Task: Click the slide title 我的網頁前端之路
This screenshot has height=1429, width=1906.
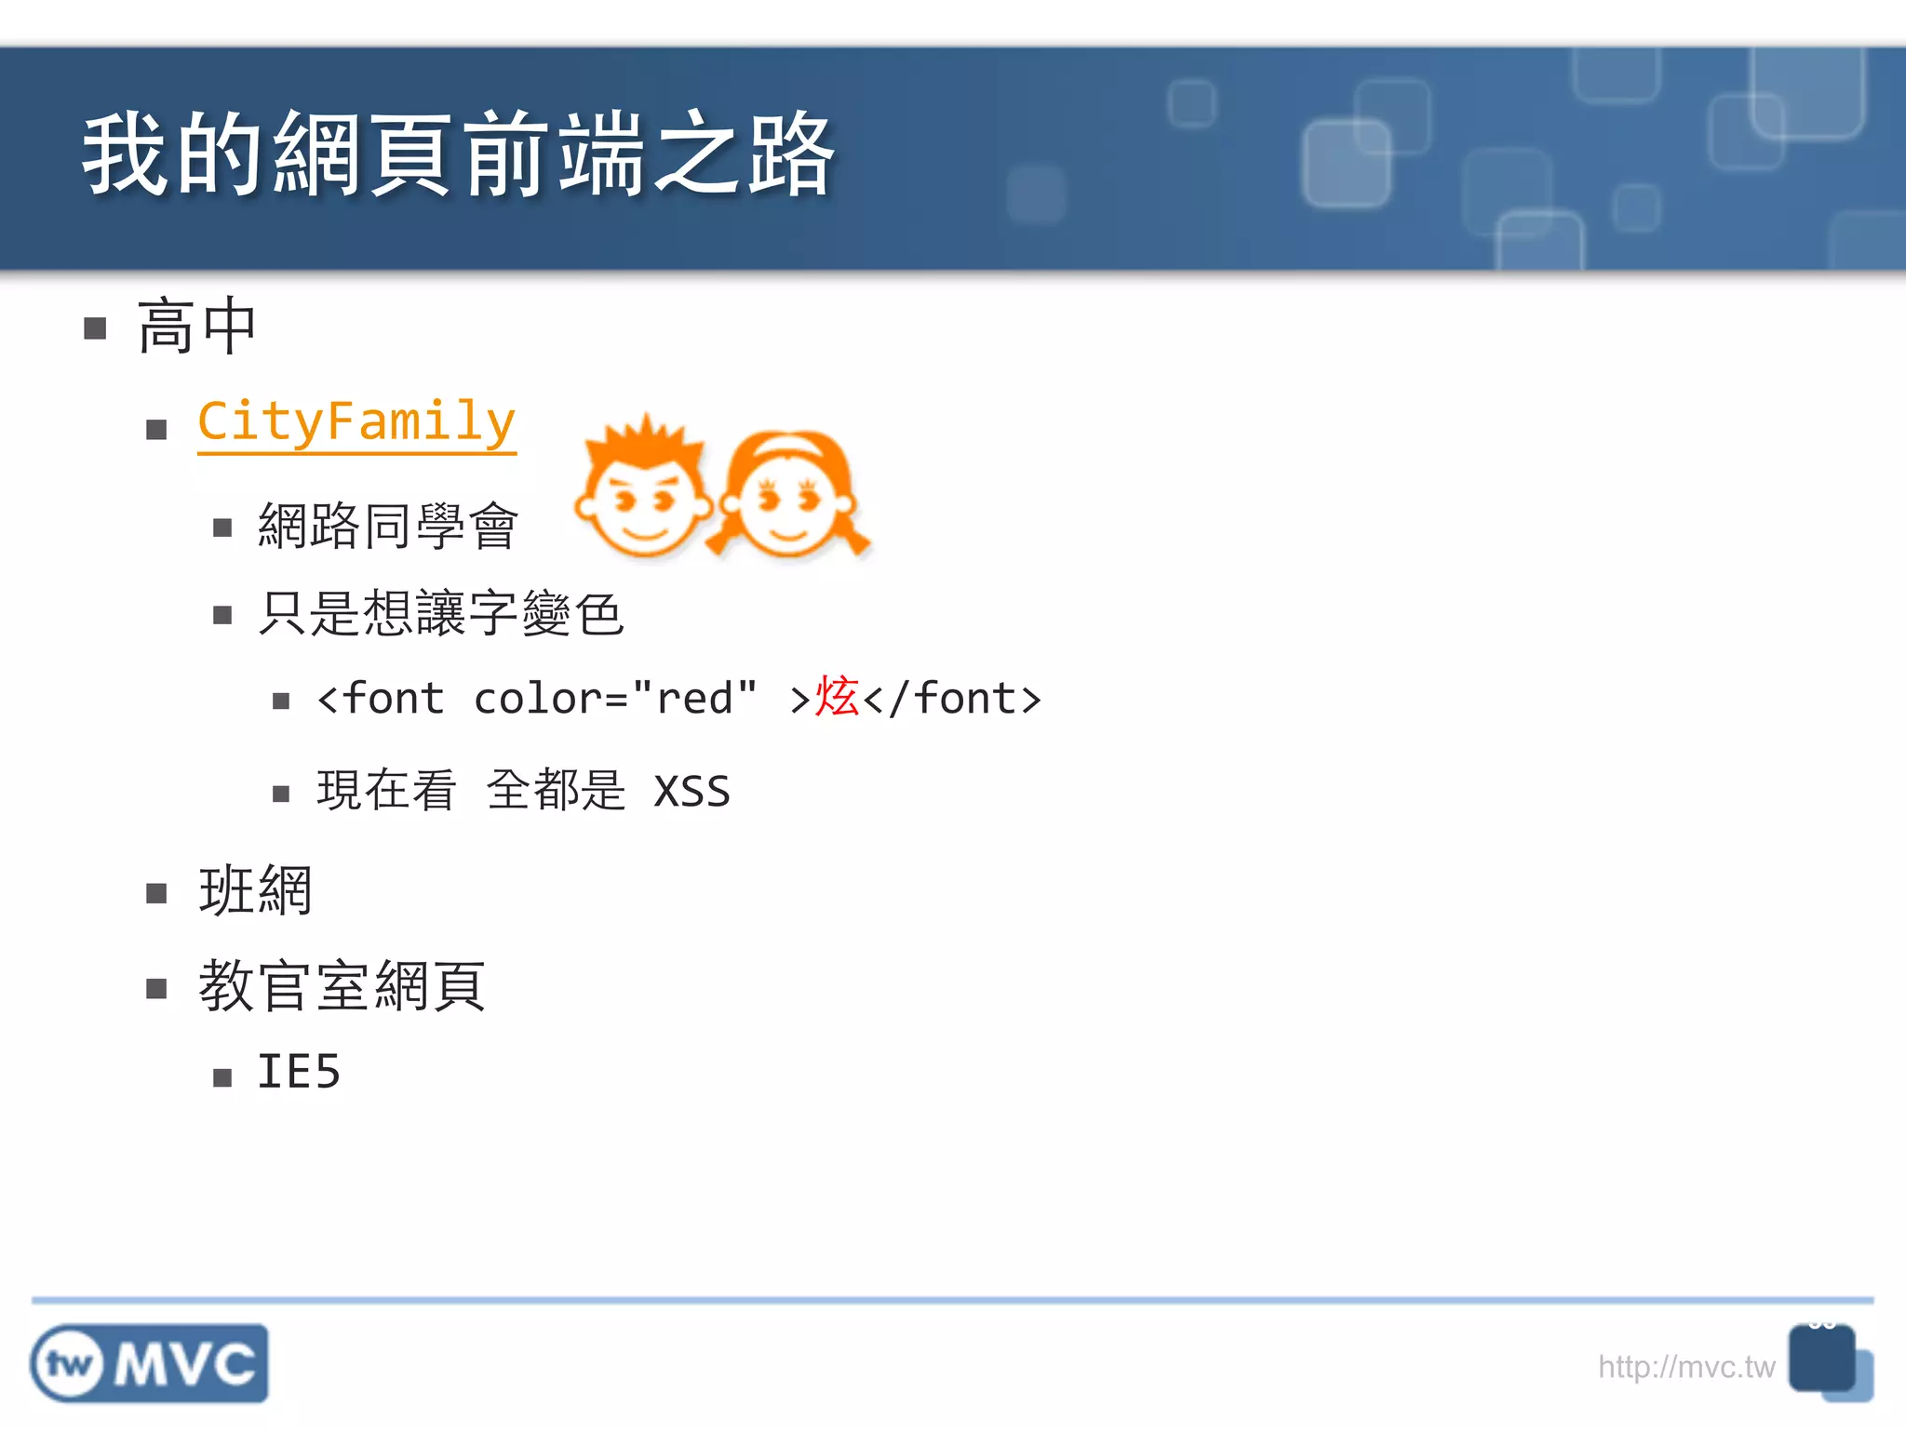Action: click(x=458, y=154)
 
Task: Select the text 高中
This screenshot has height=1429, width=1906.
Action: click(x=196, y=327)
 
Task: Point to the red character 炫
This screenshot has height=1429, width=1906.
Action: click(x=837, y=697)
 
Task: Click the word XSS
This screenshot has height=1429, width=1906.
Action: click(x=691, y=792)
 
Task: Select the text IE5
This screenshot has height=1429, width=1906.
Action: click(x=299, y=1072)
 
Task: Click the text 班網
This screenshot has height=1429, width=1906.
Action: click(x=255, y=890)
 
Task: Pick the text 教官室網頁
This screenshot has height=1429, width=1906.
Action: click(x=342, y=985)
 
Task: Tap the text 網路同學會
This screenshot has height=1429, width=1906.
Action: click(x=388, y=526)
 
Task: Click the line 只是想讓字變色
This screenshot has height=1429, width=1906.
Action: click(x=441, y=613)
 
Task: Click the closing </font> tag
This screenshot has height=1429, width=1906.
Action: click(x=952, y=699)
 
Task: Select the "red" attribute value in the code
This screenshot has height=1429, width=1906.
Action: click(x=694, y=697)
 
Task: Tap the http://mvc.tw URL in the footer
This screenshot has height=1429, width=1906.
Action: click(x=1685, y=1367)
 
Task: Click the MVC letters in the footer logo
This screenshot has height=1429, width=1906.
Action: click(x=185, y=1365)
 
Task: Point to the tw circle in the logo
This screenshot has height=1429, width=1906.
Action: click(x=70, y=1365)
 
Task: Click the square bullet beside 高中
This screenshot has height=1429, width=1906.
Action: click(x=95, y=328)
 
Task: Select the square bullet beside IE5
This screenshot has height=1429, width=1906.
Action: click(x=222, y=1078)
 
